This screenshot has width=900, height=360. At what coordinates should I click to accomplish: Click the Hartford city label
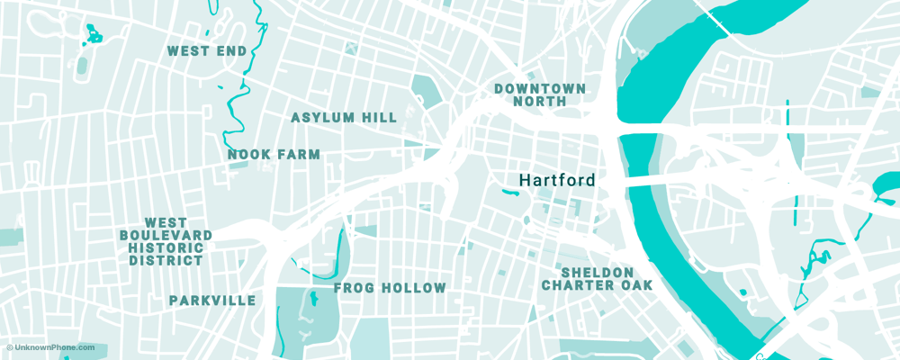(x=557, y=180)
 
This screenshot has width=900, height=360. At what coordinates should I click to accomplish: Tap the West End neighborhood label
(x=207, y=51)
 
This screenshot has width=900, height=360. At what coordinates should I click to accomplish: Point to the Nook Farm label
(x=274, y=155)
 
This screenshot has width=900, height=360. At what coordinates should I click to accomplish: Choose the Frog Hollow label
(x=390, y=288)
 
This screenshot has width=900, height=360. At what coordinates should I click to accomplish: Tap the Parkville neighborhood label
(x=212, y=301)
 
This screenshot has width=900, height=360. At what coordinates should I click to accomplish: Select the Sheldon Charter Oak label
(x=597, y=279)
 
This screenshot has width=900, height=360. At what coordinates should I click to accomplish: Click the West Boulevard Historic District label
(x=166, y=242)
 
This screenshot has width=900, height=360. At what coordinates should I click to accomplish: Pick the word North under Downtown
(x=539, y=102)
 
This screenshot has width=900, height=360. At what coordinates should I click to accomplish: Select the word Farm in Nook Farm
(x=301, y=155)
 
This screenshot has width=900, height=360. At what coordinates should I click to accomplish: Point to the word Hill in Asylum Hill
(x=379, y=118)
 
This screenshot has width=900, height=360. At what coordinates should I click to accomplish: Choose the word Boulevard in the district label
(x=166, y=236)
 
